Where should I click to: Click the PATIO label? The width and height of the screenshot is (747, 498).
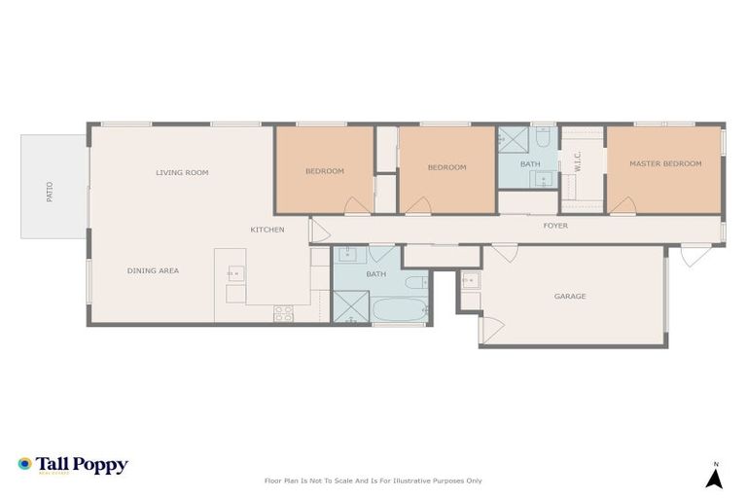(x=51, y=192)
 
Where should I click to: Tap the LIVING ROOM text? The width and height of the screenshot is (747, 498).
(x=182, y=173)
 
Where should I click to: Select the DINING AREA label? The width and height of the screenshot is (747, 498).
(x=153, y=270)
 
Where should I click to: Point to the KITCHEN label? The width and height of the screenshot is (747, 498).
(x=267, y=230)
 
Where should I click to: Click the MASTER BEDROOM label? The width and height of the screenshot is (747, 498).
(x=665, y=163)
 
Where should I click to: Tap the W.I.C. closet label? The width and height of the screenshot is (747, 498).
(x=578, y=161)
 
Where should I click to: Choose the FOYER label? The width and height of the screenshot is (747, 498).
(x=555, y=226)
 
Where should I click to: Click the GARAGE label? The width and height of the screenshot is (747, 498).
(x=570, y=296)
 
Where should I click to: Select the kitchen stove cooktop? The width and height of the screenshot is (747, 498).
(x=283, y=313)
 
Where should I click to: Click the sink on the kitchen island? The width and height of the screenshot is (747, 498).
(x=236, y=273)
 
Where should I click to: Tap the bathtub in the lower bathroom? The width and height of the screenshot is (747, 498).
(x=399, y=312)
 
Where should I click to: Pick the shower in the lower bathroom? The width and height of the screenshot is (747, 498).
(x=348, y=308)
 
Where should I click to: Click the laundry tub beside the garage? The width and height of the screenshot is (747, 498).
(x=470, y=281)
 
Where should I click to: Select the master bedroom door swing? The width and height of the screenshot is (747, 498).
(x=622, y=206)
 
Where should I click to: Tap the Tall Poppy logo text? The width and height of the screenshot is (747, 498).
(x=81, y=465)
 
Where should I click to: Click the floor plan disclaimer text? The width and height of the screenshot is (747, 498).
(x=373, y=480)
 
